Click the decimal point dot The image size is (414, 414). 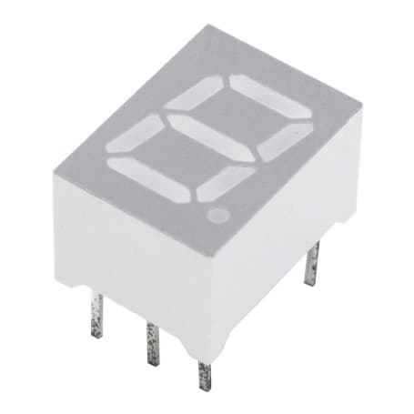pyautogui.click(x=218, y=216)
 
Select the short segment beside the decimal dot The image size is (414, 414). pyautogui.click(x=225, y=182)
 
